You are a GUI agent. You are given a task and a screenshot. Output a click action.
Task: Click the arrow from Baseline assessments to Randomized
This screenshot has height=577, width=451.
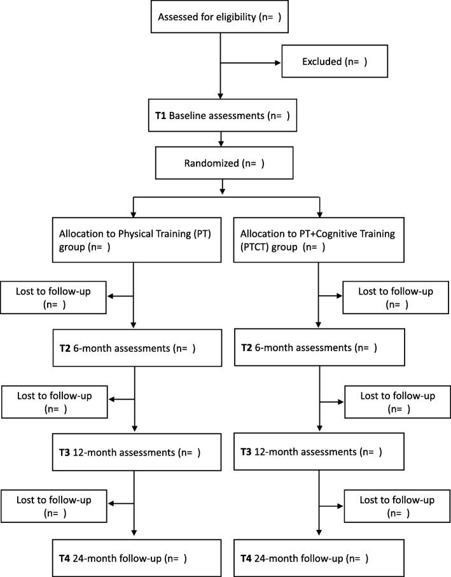click(x=220, y=138)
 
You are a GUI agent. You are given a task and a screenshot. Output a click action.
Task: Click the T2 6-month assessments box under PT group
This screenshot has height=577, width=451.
click(x=134, y=348)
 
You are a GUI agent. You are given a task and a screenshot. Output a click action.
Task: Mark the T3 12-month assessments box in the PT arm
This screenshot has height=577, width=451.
click(x=134, y=453)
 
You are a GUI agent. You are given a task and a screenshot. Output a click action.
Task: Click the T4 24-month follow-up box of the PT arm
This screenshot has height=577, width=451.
click(x=134, y=558)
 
